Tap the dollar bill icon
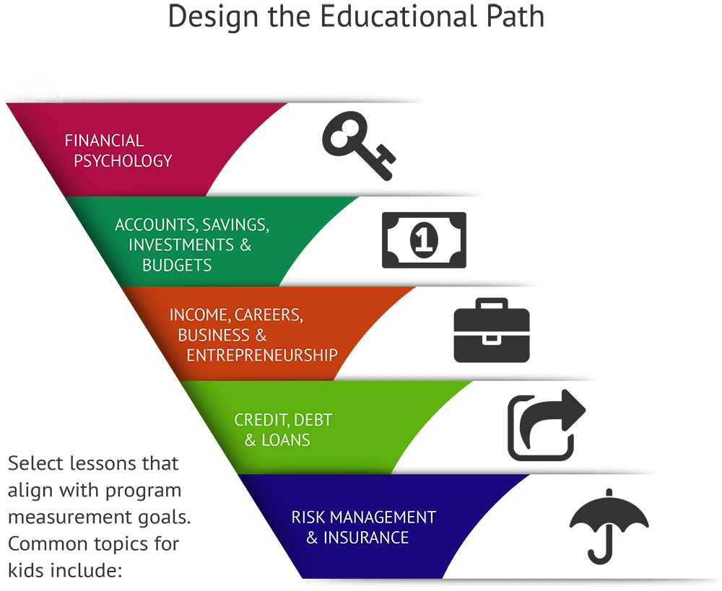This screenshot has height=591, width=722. (423, 239)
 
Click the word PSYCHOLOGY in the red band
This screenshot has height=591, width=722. (118, 160)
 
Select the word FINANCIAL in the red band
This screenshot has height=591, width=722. (104, 140)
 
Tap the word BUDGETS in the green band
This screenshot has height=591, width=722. (177, 265)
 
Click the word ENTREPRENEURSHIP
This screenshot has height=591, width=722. (262, 355)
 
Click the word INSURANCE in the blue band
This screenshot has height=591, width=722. (366, 538)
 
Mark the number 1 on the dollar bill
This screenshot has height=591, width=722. (423, 239)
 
